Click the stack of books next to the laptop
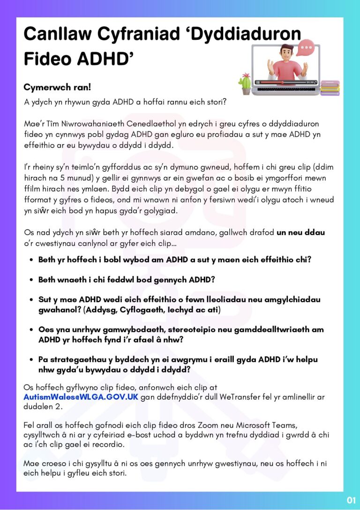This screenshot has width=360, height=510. pyautogui.click(x=330, y=87)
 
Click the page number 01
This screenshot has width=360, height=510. pyautogui.click(x=351, y=500)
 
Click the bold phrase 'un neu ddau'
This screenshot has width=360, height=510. pyautogui.click(x=301, y=233)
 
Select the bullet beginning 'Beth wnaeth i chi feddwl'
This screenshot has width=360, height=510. pyautogui.click(x=127, y=280)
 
